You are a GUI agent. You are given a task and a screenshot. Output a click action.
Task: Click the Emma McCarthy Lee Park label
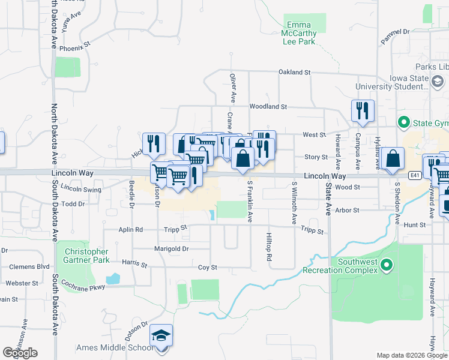pyautogui.click(x=298, y=34)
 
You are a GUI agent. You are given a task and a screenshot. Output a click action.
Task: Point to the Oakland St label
pyautogui.click(x=294, y=72)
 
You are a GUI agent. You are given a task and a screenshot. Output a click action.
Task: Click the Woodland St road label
pyautogui.click(x=268, y=106)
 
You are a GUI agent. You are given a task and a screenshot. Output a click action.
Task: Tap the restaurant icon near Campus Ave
pyautogui.click(x=363, y=110)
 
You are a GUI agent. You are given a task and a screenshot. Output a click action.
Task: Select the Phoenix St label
pyautogui.click(x=78, y=44)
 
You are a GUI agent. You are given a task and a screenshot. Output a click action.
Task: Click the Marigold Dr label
pyautogui.click(x=172, y=248)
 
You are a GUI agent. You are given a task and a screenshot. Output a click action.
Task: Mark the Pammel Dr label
pyautogui.click(x=394, y=36)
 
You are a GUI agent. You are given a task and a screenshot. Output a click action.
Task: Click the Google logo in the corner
pyautogui.click(x=20, y=352)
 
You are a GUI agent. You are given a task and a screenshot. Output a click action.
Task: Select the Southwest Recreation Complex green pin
pyautogui.click(x=387, y=264)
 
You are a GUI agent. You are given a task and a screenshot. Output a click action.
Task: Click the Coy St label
pyautogui.click(x=207, y=267)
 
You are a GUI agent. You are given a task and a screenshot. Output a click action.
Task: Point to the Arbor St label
pyautogui.click(x=347, y=211)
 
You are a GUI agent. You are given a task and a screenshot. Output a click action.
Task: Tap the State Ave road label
pyautogui.click(x=328, y=192)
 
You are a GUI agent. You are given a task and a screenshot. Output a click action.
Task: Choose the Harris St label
pyautogui.click(x=134, y=263)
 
